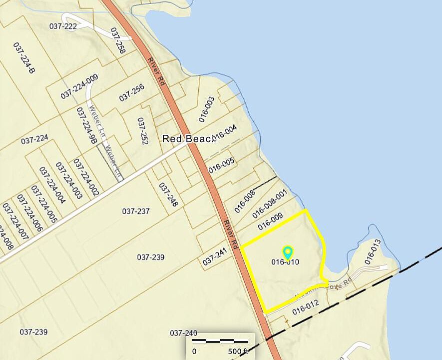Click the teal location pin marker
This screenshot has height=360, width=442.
pos(287,252)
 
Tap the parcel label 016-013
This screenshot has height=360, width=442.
pos(373,251)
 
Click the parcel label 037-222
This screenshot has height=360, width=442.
pos(63,26)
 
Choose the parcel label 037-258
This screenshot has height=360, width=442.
pos(117,40)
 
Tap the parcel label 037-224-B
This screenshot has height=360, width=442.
pos(24,58)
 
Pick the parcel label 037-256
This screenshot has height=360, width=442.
pos(132,92)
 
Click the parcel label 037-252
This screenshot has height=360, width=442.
pos(142,131)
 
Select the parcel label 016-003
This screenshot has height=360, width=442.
pos(206,109)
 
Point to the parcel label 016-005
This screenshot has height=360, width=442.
pos(221,165)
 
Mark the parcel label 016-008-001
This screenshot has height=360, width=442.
pos(270,203)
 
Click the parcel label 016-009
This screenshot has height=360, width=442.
pos(270,222)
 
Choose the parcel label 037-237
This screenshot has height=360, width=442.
pos(136,211)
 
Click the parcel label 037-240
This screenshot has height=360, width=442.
pos(184,333)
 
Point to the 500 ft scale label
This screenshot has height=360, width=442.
pos(238,351)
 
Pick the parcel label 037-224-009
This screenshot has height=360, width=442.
pos(79,86)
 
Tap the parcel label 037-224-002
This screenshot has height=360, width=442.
pos(86,177)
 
